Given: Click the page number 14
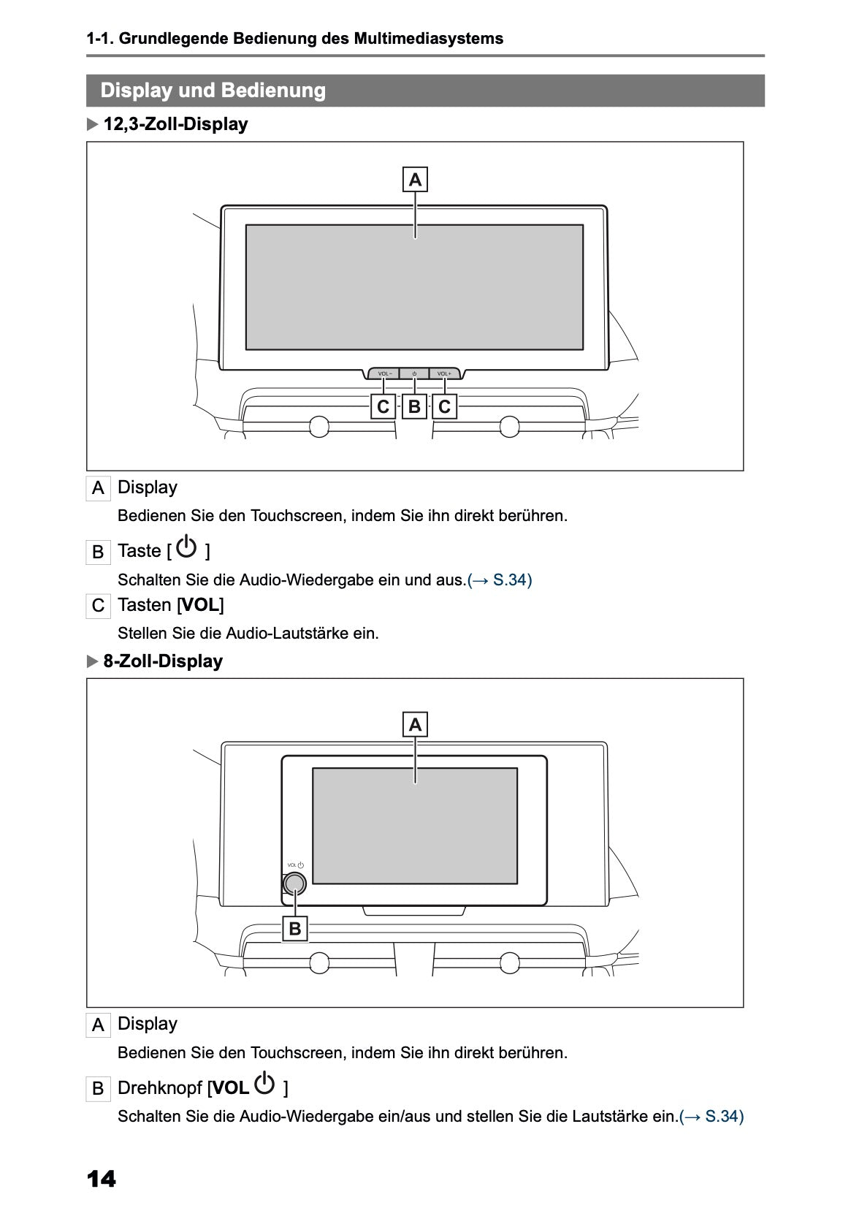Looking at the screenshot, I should pyautogui.click(x=101, y=1179).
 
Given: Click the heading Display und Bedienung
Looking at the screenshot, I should pyautogui.click(x=213, y=91).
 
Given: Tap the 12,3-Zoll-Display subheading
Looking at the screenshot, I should pyautogui.click(x=175, y=124).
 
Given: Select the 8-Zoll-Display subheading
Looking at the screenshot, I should pyautogui.click(x=162, y=661).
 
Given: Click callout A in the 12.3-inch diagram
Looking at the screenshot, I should pyautogui.click(x=415, y=179).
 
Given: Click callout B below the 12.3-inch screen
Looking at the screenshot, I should pyautogui.click(x=414, y=406).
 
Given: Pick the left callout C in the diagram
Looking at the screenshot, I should pyautogui.click(x=383, y=406).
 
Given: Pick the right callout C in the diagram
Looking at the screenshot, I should pyautogui.click(x=444, y=406).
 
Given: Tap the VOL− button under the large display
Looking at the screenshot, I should pyautogui.click(x=384, y=374).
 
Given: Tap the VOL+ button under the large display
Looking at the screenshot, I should pyautogui.click(x=444, y=374).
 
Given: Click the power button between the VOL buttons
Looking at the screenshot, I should pyautogui.click(x=414, y=374).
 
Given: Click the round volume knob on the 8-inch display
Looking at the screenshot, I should pyautogui.click(x=294, y=884).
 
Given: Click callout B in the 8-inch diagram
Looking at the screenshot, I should pyautogui.click(x=295, y=929).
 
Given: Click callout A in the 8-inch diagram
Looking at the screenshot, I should pyautogui.click(x=415, y=725).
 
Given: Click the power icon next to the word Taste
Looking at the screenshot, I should pyautogui.click(x=187, y=547).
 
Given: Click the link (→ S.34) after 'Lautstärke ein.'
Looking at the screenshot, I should pyautogui.click(x=711, y=1117).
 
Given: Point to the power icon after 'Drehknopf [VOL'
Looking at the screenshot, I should pyautogui.click(x=265, y=1084).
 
